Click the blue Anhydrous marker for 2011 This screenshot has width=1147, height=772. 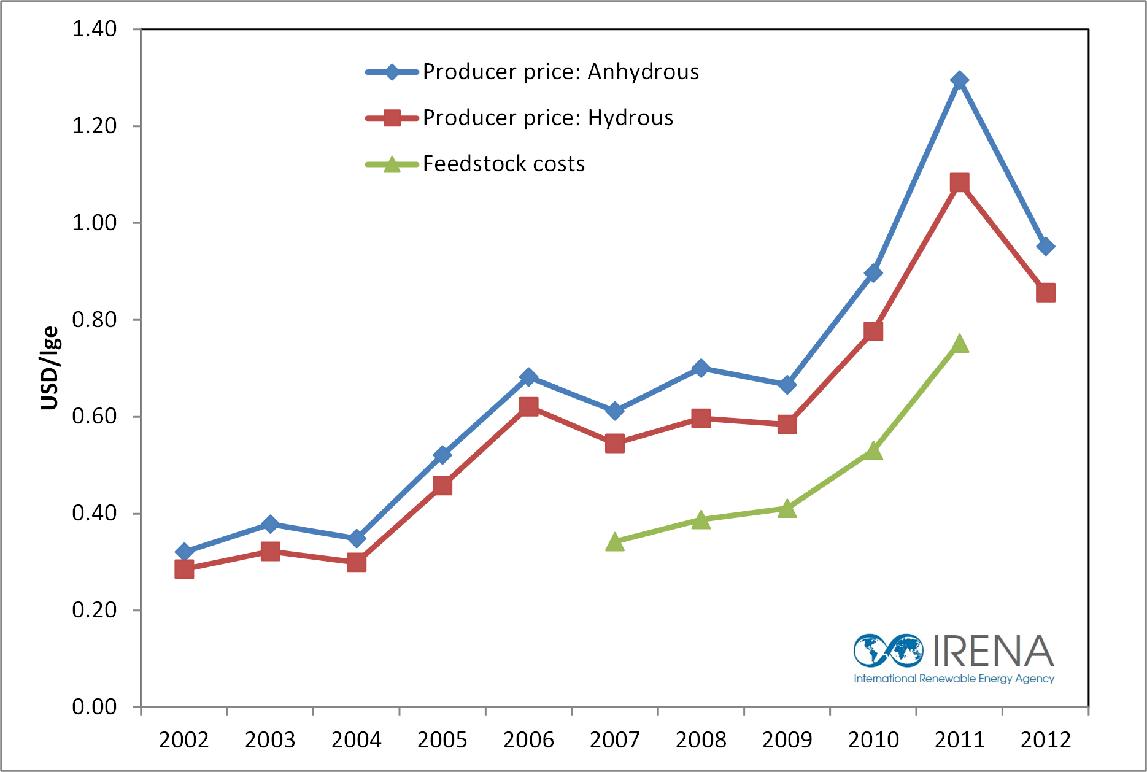pyautogui.click(x=959, y=80)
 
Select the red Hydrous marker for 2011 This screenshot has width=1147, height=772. pyautogui.click(x=959, y=183)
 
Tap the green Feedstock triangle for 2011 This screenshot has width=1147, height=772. pyautogui.click(x=960, y=344)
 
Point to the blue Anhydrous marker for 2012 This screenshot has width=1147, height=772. pyautogui.click(x=1046, y=247)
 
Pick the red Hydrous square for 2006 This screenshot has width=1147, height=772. pyautogui.click(x=528, y=406)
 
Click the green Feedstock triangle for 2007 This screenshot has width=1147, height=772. pyautogui.click(x=614, y=542)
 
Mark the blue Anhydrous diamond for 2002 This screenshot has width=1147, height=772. pyautogui.click(x=184, y=552)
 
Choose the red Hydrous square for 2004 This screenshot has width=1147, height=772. pyautogui.click(x=357, y=562)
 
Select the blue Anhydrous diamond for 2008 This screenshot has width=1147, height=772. pyautogui.click(x=701, y=368)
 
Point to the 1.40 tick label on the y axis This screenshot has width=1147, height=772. pyautogui.click(x=95, y=29)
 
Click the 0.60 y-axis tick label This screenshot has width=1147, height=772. pyautogui.click(x=95, y=416)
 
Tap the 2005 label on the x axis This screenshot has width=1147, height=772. pyautogui.click(x=442, y=740)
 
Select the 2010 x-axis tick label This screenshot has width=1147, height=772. pyautogui.click(x=873, y=740)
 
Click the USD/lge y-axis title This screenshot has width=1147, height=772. pyautogui.click(x=49, y=368)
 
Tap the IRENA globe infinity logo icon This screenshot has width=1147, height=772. pyautogui.click(x=888, y=650)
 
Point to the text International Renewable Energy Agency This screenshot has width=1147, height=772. pyautogui.click(x=954, y=679)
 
